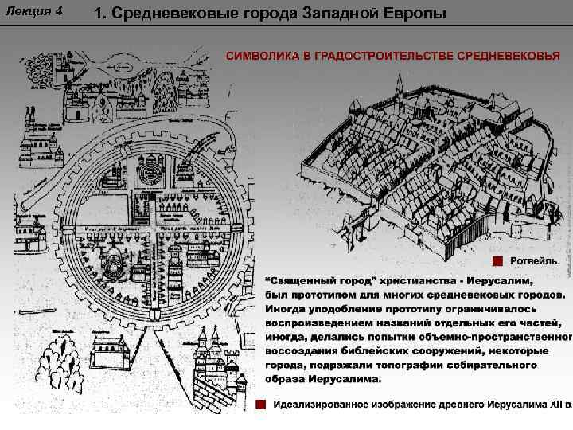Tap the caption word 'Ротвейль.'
(534, 261)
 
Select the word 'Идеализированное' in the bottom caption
(323, 405)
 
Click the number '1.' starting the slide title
(100, 14)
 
